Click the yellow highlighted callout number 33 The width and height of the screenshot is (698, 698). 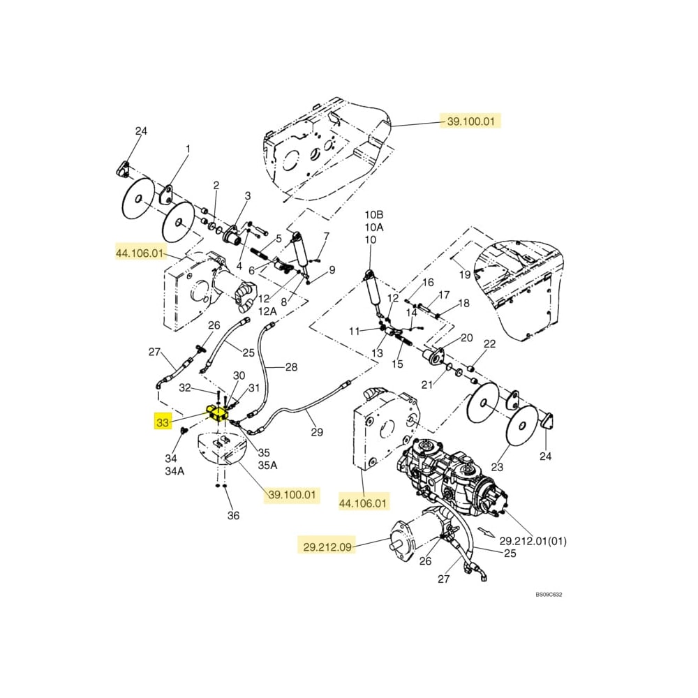coord(163,422)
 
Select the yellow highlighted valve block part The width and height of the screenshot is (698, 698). coord(218,414)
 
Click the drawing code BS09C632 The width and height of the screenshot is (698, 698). coord(549,595)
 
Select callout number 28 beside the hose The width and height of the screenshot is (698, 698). coord(291,367)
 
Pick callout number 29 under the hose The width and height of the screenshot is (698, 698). coord(317,433)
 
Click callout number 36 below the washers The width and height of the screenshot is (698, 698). coord(233,515)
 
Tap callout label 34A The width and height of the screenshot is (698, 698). coord(174,470)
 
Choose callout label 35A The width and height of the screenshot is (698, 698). coord(268,465)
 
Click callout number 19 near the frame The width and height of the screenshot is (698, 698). coord(465,275)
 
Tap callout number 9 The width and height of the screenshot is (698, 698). coord(332,270)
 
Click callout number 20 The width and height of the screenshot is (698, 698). coord(467,338)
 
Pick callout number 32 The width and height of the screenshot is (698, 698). coord(185,388)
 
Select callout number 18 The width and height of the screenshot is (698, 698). coord(463,303)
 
